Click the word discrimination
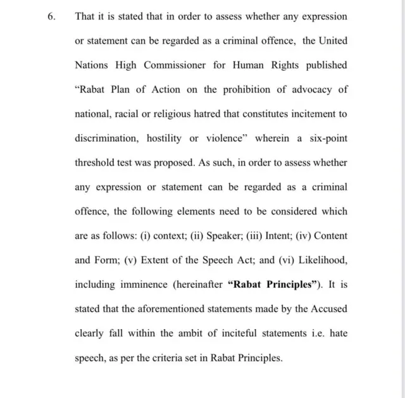point(109,138)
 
